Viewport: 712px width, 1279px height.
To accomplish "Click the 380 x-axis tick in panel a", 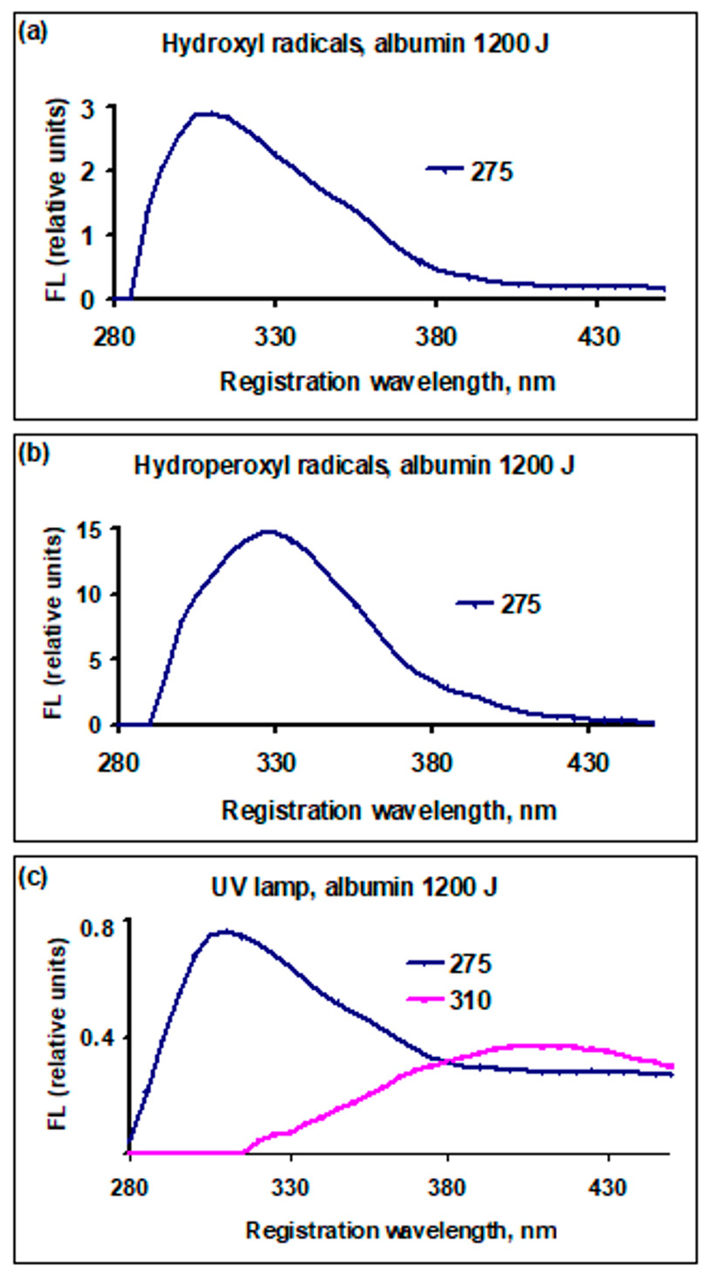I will [435, 337].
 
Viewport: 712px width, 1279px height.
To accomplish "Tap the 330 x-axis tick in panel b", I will [276, 762].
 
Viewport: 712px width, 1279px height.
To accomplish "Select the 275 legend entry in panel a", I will [491, 172].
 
